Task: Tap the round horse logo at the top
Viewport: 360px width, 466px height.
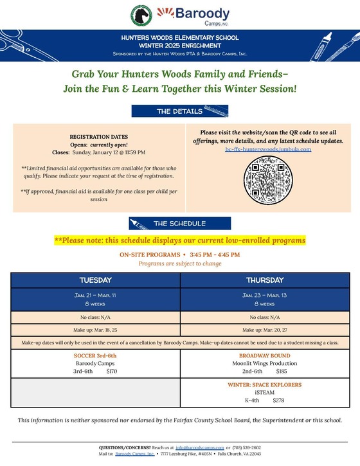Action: pos(141,14)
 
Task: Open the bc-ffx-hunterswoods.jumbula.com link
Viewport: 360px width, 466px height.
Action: pos(268,148)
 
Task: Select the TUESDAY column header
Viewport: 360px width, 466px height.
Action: pos(95,280)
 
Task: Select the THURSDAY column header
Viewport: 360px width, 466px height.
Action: pos(264,280)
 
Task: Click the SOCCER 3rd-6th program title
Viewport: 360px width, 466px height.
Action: pos(95,355)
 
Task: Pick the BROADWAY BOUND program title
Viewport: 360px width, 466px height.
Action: pos(264,355)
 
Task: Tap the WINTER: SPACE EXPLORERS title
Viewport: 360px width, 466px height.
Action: pos(264,385)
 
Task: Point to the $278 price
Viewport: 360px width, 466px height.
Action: pos(278,400)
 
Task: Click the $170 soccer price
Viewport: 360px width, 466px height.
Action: pos(112,371)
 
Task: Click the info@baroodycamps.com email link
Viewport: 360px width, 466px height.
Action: pos(199,447)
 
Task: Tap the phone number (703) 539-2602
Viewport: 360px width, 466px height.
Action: pos(247,447)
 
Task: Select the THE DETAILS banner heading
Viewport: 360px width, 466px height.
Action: pos(179,111)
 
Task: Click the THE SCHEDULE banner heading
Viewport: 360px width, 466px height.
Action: pos(179,224)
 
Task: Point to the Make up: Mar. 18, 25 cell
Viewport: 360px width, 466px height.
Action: pos(95,330)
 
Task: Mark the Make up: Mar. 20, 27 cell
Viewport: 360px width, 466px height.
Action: pos(264,330)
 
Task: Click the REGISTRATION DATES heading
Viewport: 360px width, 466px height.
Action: pos(98,136)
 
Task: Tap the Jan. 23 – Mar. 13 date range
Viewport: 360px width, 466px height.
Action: pos(264,295)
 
